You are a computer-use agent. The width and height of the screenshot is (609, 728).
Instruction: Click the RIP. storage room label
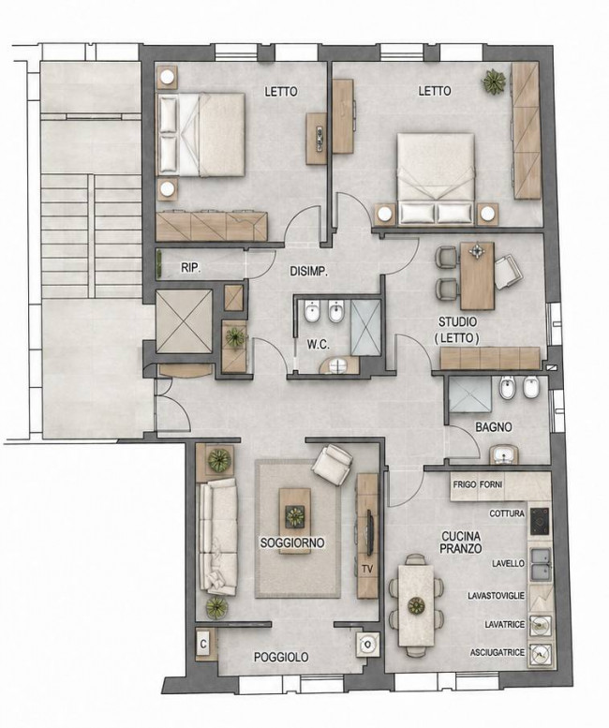191,268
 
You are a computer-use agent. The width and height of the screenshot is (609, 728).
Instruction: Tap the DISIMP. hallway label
309,271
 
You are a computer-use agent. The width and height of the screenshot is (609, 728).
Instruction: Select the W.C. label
319,345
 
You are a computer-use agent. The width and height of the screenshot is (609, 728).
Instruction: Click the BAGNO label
494,427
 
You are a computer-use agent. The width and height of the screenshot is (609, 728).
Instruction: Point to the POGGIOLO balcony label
281,657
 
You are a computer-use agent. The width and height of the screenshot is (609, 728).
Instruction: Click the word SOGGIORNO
292,542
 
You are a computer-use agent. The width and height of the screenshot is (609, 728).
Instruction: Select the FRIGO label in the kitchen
464,484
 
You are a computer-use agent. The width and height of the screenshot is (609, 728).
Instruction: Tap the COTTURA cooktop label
507,513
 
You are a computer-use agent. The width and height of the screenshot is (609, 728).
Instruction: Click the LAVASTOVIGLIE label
497,595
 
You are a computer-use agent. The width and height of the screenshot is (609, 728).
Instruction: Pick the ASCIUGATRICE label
498,652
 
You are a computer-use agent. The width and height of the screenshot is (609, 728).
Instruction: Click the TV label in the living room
367,569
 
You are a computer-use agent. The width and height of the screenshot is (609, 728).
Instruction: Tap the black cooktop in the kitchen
540,521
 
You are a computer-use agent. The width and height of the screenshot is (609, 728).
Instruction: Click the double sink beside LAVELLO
542,564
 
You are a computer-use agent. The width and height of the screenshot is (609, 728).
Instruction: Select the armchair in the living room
332,465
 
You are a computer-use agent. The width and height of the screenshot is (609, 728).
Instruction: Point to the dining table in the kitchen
416,605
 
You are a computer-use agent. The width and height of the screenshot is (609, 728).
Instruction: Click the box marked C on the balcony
203,644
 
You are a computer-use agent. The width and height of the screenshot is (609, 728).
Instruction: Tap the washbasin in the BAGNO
503,454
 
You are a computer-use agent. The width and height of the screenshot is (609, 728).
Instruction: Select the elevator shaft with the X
185,321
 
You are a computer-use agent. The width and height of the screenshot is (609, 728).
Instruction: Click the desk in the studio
477,275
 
